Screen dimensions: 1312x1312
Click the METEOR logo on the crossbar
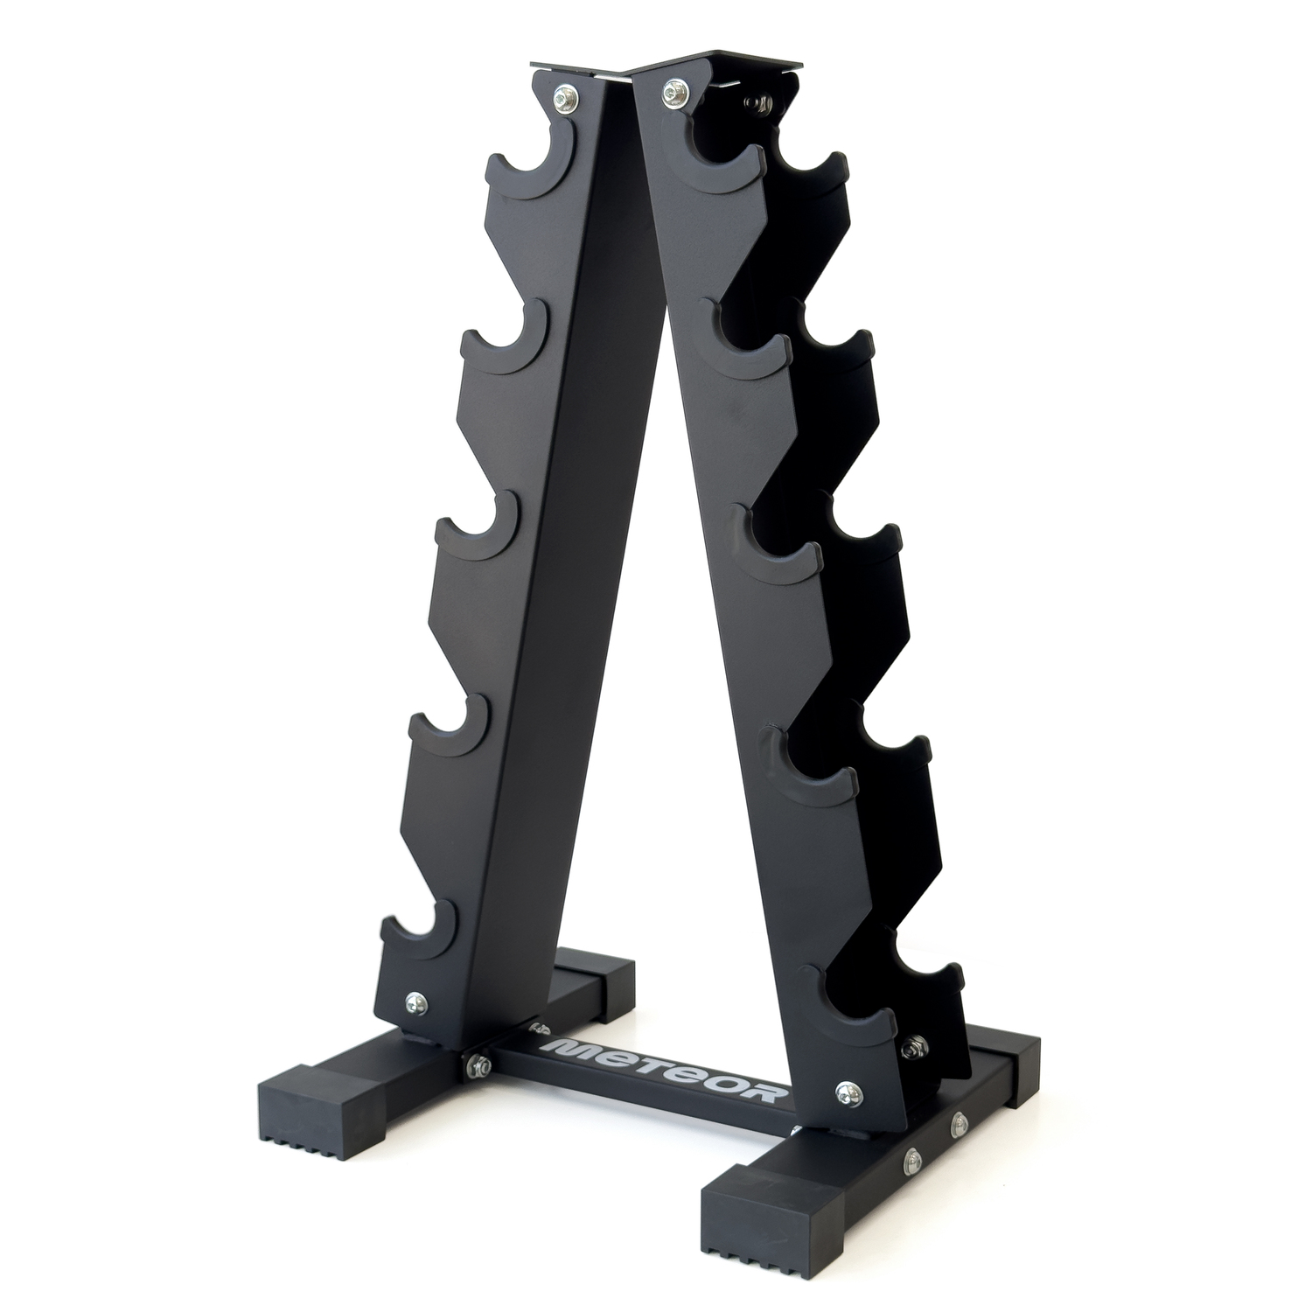coord(666,1068)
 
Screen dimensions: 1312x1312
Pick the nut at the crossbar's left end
coord(477,1064)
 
